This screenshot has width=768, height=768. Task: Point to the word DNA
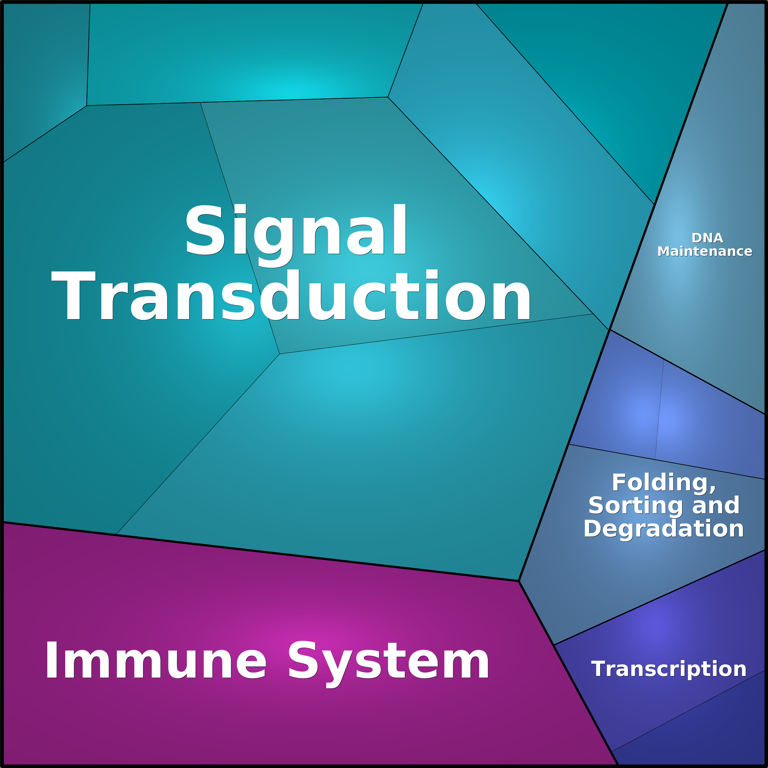pos(707,238)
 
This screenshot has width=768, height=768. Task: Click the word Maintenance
pos(705,251)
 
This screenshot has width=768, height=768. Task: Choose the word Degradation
pos(663,529)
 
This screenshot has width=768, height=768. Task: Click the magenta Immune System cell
pos(278,707)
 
